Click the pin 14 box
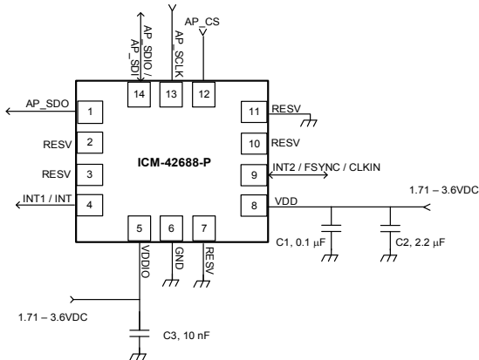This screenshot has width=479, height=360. (139, 94)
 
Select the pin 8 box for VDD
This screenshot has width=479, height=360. (254, 206)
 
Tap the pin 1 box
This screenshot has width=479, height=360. (90, 112)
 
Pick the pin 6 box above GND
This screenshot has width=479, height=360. (171, 228)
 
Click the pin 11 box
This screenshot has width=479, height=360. (254, 112)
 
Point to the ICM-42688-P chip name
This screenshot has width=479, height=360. (174, 162)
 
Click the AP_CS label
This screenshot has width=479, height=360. (202, 22)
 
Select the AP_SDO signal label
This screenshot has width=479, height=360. (47, 104)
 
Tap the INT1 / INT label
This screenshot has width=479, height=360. (47, 199)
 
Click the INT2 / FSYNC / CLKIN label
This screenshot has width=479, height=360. (326, 167)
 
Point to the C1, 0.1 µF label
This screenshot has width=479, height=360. (301, 242)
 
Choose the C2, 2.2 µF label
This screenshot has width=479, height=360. (421, 242)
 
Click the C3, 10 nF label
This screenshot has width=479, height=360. (187, 336)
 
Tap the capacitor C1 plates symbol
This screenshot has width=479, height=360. (332, 228)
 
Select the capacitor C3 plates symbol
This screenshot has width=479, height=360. (140, 333)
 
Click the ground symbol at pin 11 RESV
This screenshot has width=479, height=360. (309, 123)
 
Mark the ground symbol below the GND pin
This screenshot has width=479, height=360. (170, 283)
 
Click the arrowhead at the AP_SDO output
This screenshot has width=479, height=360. (9, 112)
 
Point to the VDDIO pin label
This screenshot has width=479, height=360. (146, 262)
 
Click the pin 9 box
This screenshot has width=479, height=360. (254, 175)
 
